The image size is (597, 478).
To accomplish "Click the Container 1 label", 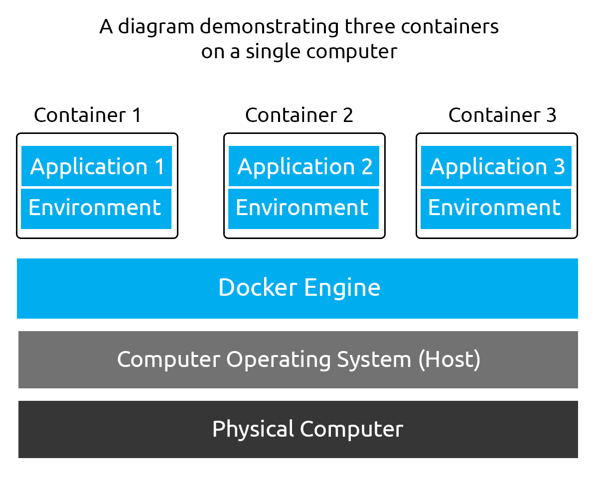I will [88, 116].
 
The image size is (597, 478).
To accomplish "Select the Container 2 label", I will [299, 116].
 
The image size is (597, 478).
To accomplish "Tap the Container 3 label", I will [502, 116].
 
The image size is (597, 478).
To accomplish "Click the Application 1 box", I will [97, 166].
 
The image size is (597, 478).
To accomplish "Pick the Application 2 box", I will [304, 166].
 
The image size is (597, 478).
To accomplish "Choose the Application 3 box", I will [496, 166].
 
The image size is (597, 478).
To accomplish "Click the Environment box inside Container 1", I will [96, 208].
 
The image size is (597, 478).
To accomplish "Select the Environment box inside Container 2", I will [303, 208].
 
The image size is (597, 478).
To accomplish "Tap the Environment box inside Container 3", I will [495, 208].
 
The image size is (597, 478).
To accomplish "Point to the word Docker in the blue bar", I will [258, 288].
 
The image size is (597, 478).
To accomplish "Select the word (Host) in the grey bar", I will [449, 359].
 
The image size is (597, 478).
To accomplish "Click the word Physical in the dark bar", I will [253, 430].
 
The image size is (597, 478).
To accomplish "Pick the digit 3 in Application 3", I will [559, 166].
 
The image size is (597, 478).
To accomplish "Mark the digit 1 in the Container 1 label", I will [136, 116].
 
